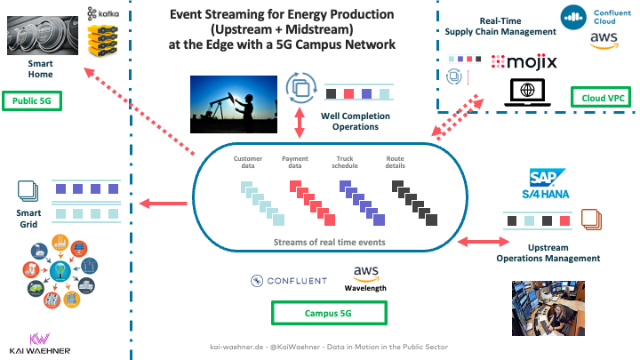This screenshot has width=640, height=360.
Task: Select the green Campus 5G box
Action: tap(329, 312)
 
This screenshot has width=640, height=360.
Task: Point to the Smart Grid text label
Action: tap(28, 219)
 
